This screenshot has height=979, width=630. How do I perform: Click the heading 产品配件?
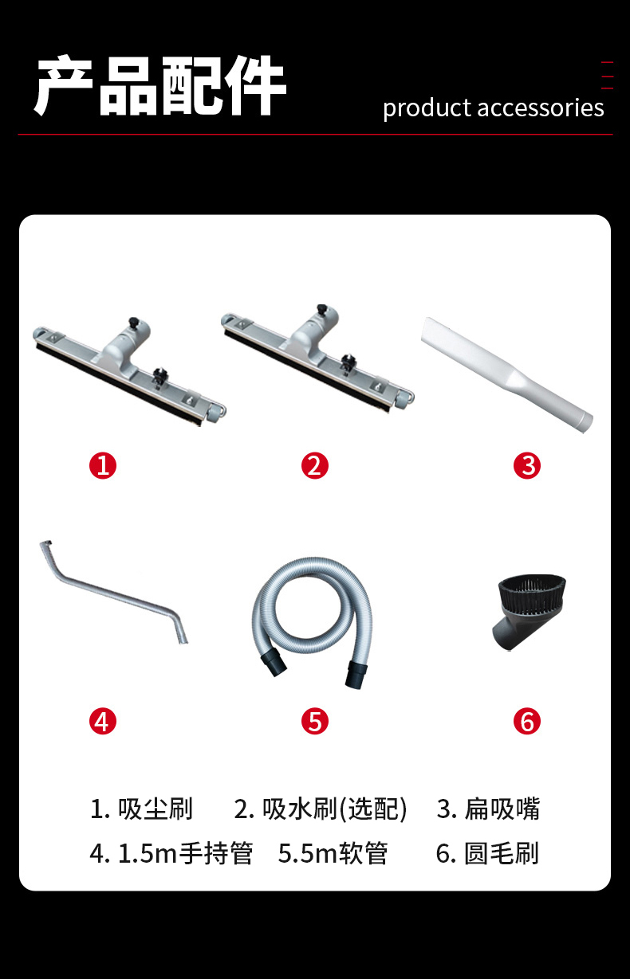(160, 86)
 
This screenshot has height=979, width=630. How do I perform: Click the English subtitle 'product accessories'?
(494, 108)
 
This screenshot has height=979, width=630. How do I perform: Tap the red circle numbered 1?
(103, 465)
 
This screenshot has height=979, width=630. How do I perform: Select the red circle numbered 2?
(314, 465)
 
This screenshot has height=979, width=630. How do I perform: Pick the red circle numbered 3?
(527, 465)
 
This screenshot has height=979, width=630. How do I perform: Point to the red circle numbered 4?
(103, 721)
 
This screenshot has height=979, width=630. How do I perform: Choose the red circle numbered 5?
(314, 721)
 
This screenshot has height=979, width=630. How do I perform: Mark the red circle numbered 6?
(527, 721)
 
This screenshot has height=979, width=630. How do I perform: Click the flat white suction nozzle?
(507, 374)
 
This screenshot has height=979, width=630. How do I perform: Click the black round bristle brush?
(529, 612)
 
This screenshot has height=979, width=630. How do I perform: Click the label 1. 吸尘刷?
(141, 809)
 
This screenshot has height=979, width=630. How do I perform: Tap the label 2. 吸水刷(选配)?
(321, 809)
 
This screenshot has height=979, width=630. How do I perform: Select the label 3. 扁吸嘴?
(488, 809)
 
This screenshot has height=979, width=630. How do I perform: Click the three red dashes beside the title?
(607, 76)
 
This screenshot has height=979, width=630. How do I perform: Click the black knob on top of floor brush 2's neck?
(322, 308)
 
